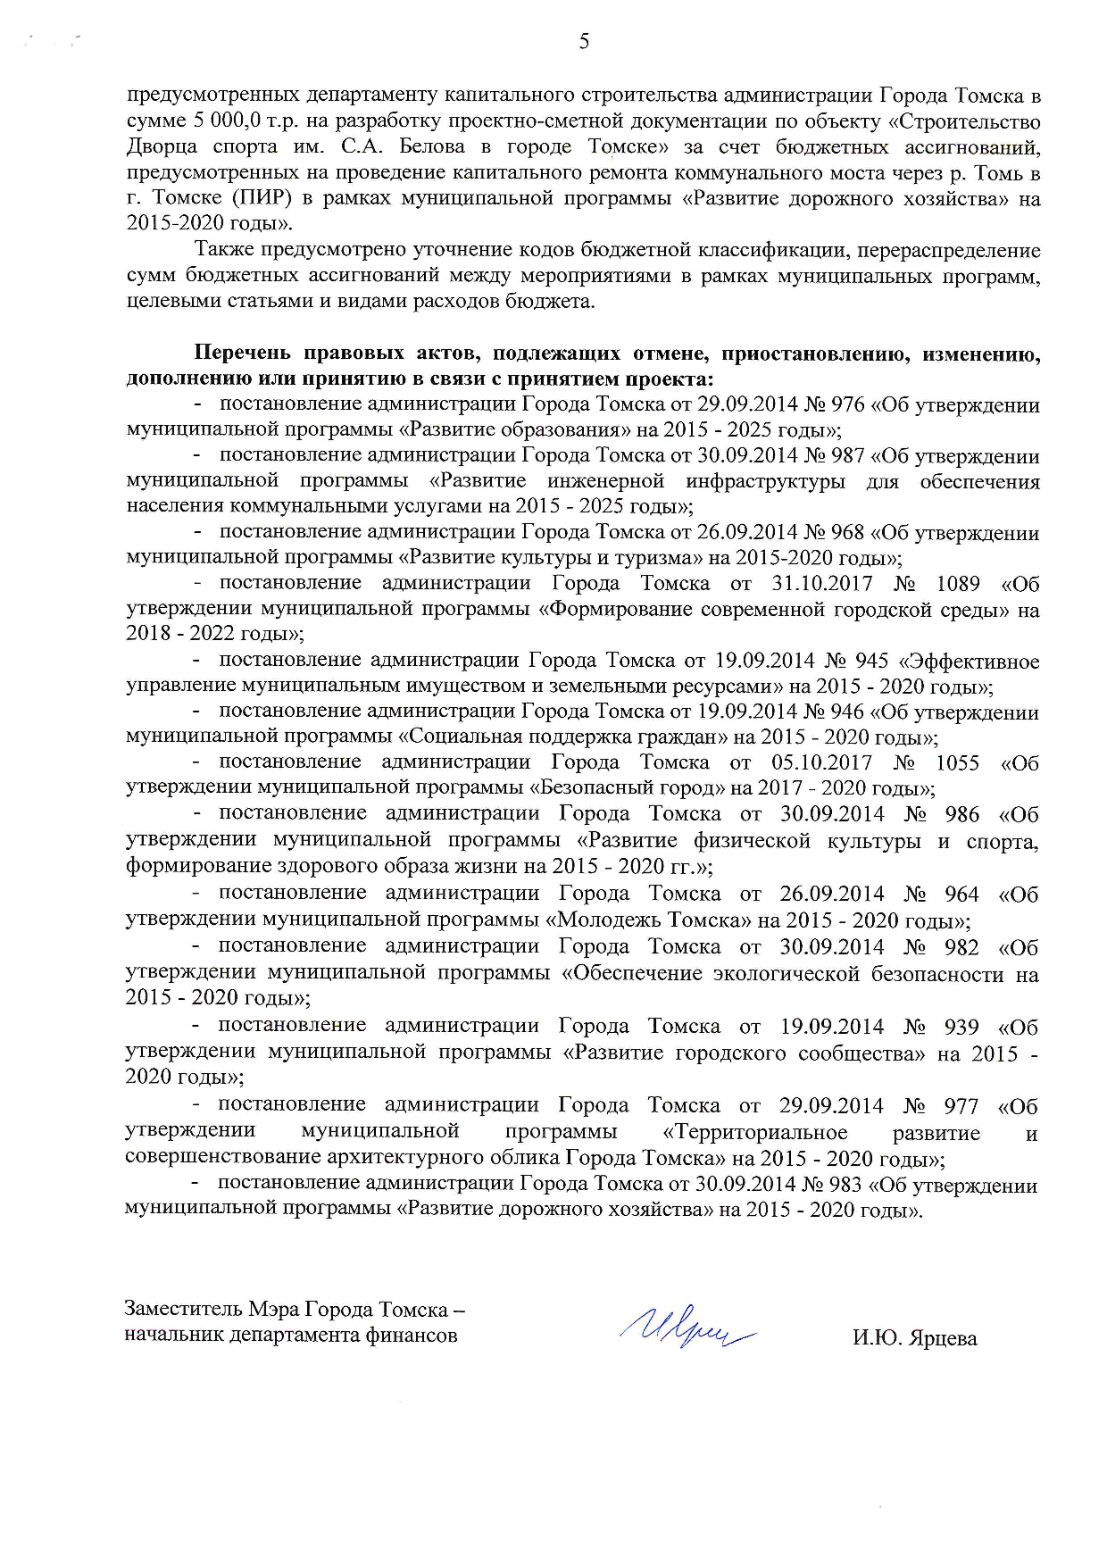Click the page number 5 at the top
point(584,41)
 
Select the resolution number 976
point(848,404)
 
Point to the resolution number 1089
point(958,584)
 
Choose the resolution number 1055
point(957,762)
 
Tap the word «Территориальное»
point(756,1133)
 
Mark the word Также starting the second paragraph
point(224,249)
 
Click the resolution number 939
point(961,1027)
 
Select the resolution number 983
point(845,1185)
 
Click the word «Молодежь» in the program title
point(604,920)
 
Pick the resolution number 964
point(961,894)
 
